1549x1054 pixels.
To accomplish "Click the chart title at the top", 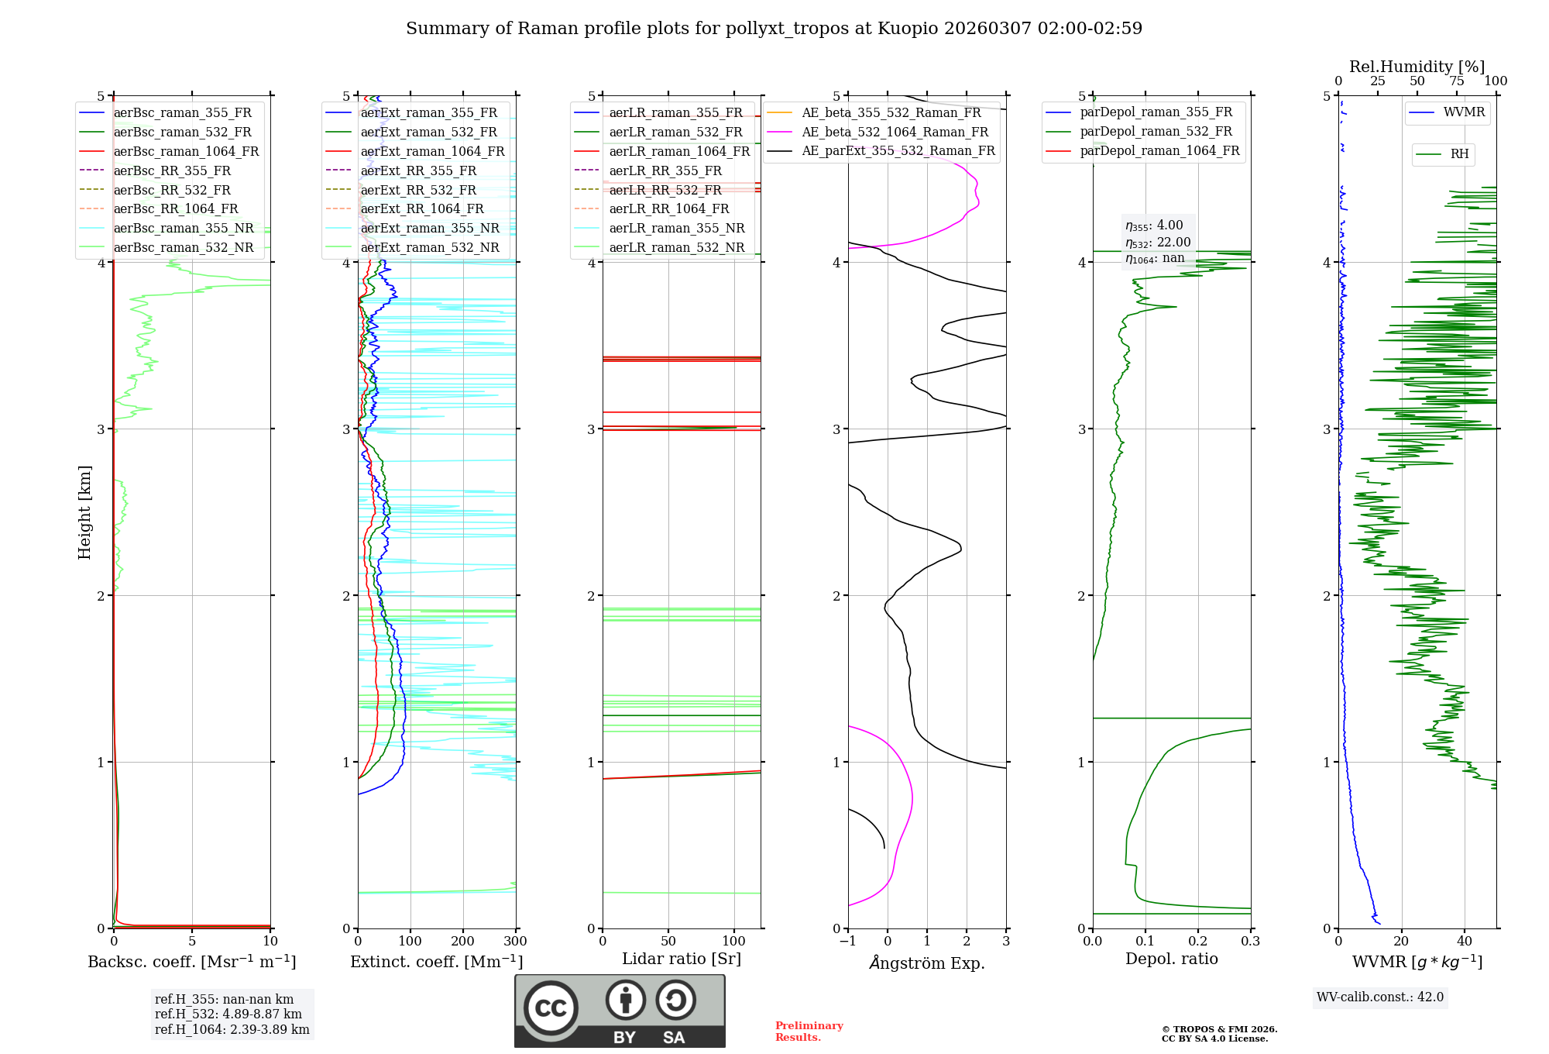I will pyautogui.click(x=774, y=29).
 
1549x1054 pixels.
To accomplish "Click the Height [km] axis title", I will pyautogui.click(x=84, y=512).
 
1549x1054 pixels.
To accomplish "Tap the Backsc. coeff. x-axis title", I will pyautogui.click(x=191, y=962).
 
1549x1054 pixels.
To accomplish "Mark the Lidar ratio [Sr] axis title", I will pyautogui.click(x=681, y=959).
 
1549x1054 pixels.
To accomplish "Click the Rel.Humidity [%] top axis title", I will pyautogui.click(x=1417, y=67).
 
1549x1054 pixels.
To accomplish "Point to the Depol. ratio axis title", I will pyautogui.click(x=1171, y=959).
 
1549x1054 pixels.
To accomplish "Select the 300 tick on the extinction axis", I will pyautogui.click(x=515, y=942).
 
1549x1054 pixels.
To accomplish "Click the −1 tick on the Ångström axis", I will pyautogui.click(x=847, y=942).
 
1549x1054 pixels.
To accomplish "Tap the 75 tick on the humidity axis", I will pyautogui.click(x=1456, y=81).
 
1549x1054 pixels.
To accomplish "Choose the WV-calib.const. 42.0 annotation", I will pyautogui.click(x=1379, y=997).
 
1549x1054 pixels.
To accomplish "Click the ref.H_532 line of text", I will pyautogui.click(x=228, y=1014).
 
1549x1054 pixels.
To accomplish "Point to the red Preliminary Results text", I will pyautogui.click(x=809, y=1031).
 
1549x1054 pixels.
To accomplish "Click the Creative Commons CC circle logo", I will pyautogui.click(x=551, y=1007).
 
